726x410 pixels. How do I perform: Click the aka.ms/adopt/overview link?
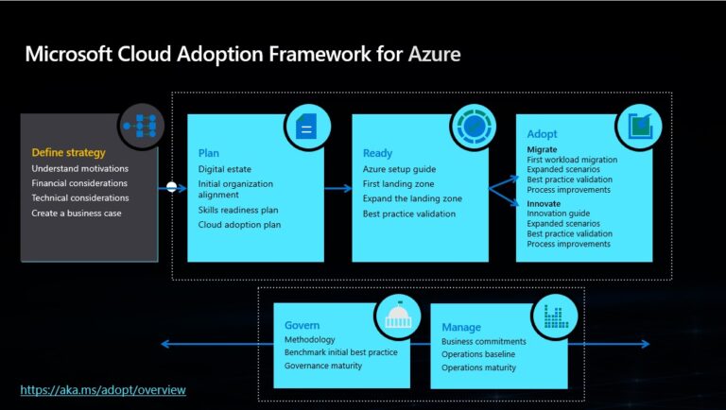pos(103,389)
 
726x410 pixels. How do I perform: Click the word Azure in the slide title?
pos(434,54)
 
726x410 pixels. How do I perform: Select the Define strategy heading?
pos(68,152)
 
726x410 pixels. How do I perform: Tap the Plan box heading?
pos(209,153)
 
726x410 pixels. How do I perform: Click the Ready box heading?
pos(377,153)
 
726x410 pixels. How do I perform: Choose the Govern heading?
pos(302,325)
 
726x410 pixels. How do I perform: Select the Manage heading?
pos(462,328)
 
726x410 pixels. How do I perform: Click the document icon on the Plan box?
pos(305,127)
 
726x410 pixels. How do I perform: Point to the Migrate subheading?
pos(542,149)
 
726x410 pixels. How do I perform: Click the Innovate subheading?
pos(544,203)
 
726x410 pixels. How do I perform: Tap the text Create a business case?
pos(77,213)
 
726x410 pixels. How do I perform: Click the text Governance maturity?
pos(323,366)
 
